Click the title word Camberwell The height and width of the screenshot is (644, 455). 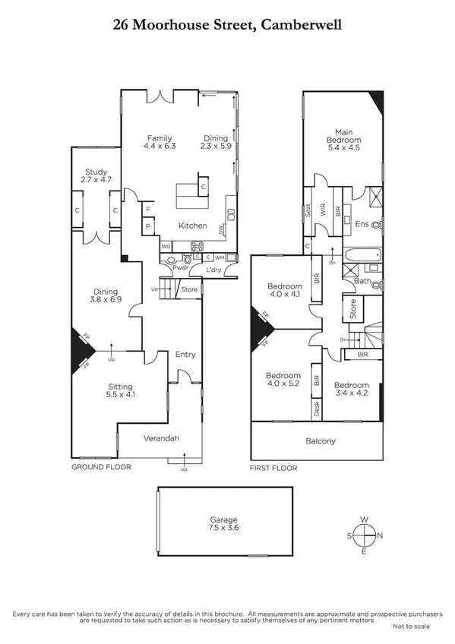point(301,25)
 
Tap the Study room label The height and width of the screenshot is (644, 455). point(96,176)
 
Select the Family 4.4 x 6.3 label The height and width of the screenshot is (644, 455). point(160,141)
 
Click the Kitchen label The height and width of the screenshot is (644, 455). point(192,226)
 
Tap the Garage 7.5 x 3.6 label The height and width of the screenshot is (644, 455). point(224,523)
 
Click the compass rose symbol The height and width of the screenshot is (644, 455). point(365,535)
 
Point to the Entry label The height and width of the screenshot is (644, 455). point(185,354)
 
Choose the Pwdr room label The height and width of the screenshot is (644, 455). point(179,268)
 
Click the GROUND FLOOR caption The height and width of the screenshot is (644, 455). point(100,468)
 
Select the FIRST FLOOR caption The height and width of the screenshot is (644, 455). point(273,469)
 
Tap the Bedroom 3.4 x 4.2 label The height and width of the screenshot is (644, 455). point(352,389)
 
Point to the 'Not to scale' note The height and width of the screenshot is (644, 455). point(411,626)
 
